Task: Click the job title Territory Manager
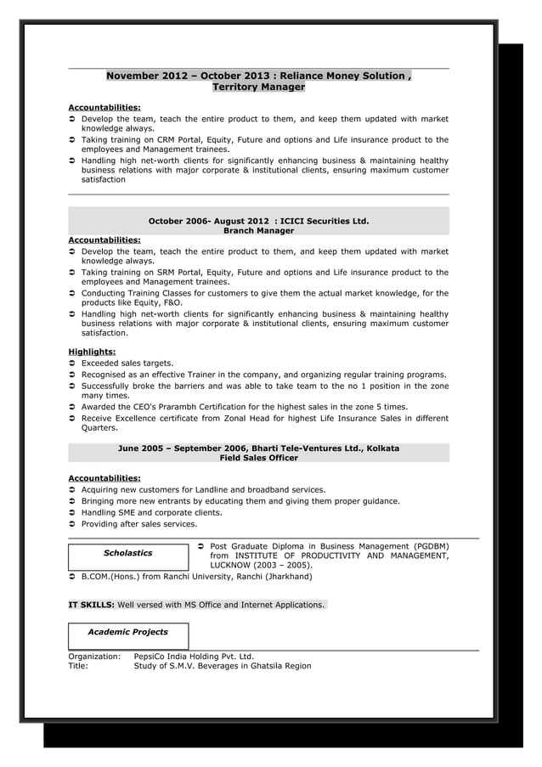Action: coord(258,87)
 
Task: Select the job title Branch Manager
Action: coord(258,231)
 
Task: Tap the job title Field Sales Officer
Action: coord(258,458)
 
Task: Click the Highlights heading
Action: coord(92,352)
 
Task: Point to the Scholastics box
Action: coord(127,553)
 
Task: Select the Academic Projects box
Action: coord(127,632)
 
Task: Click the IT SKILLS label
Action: coord(91,605)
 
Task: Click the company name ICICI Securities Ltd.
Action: coord(323,221)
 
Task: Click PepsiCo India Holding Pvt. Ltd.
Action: coord(194,657)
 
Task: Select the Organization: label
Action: coord(94,657)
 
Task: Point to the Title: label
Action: coord(78,666)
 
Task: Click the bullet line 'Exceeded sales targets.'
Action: coord(127,363)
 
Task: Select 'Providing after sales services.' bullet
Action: coord(138,525)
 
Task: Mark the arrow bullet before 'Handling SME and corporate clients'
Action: coord(72,513)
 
